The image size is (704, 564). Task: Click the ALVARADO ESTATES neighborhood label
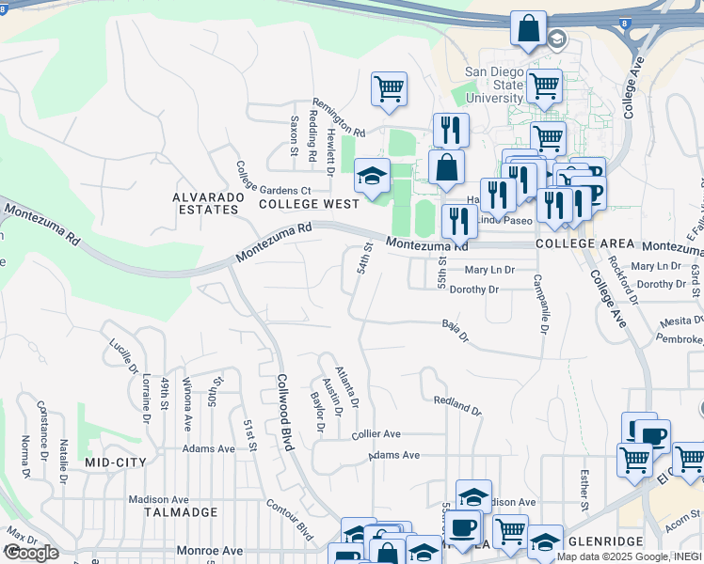click(205, 203)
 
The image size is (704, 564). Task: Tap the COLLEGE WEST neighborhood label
click(309, 203)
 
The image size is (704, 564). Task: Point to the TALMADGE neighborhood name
click(181, 512)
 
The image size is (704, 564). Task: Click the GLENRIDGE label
click(605, 542)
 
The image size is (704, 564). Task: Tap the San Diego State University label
click(494, 85)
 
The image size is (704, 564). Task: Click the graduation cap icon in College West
click(372, 176)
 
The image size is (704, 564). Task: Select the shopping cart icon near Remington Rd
click(389, 89)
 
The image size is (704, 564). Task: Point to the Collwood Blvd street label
click(284, 411)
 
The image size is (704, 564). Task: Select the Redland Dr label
click(457, 406)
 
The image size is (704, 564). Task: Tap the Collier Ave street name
click(376, 435)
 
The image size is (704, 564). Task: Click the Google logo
click(30, 553)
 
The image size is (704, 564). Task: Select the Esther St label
click(584, 490)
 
